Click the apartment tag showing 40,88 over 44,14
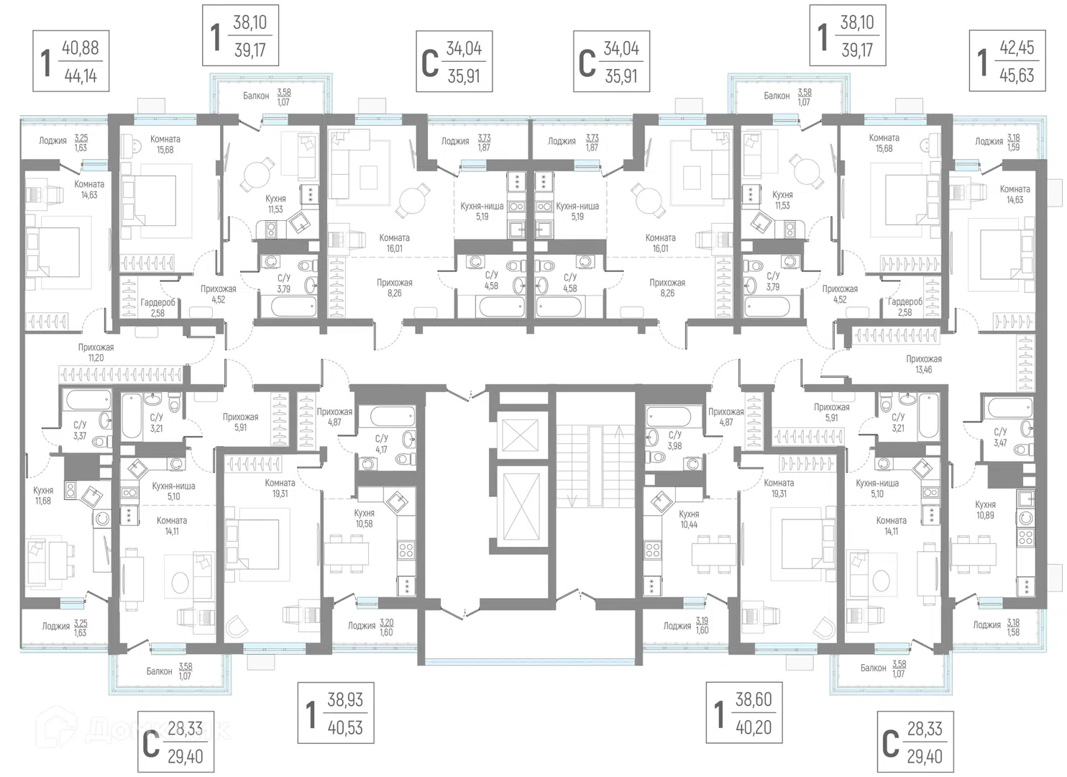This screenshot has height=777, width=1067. [x=71, y=61]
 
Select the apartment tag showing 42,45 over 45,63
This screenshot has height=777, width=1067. [x=1007, y=60]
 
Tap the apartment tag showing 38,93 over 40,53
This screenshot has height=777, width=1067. [x=336, y=713]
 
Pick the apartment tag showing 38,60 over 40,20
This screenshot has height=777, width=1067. [x=744, y=713]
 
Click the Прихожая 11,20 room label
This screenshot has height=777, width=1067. [x=96, y=353]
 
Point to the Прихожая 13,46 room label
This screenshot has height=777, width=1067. [x=924, y=364]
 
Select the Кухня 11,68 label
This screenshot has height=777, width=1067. [x=43, y=495]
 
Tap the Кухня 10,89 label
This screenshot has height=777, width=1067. [x=985, y=509]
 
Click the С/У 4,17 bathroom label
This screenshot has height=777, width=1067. [x=381, y=443]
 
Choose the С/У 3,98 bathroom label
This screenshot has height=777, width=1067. [x=675, y=440]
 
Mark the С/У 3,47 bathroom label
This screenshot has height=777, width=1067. [x=1000, y=437]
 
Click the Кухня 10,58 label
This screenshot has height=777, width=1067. [x=364, y=518]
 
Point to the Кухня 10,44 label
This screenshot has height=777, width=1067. [x=689, y=519]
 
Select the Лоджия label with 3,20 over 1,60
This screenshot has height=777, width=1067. [x=370, y=627]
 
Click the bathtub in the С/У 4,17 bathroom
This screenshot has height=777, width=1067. [x=392, y=416]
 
